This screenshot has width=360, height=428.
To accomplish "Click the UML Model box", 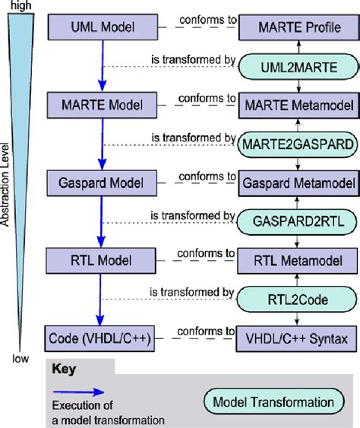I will click(x=103, y=27).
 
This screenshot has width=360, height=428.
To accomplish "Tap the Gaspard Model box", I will click(x=103, y=182).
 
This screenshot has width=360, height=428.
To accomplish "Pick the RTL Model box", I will click(x=103, y=258).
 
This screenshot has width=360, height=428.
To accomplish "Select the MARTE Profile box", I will click(x=297, y=27).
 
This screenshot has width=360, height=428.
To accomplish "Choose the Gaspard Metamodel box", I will click(x=297, y=182).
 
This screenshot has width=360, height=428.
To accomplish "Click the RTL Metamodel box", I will click(x=297, y=258).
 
